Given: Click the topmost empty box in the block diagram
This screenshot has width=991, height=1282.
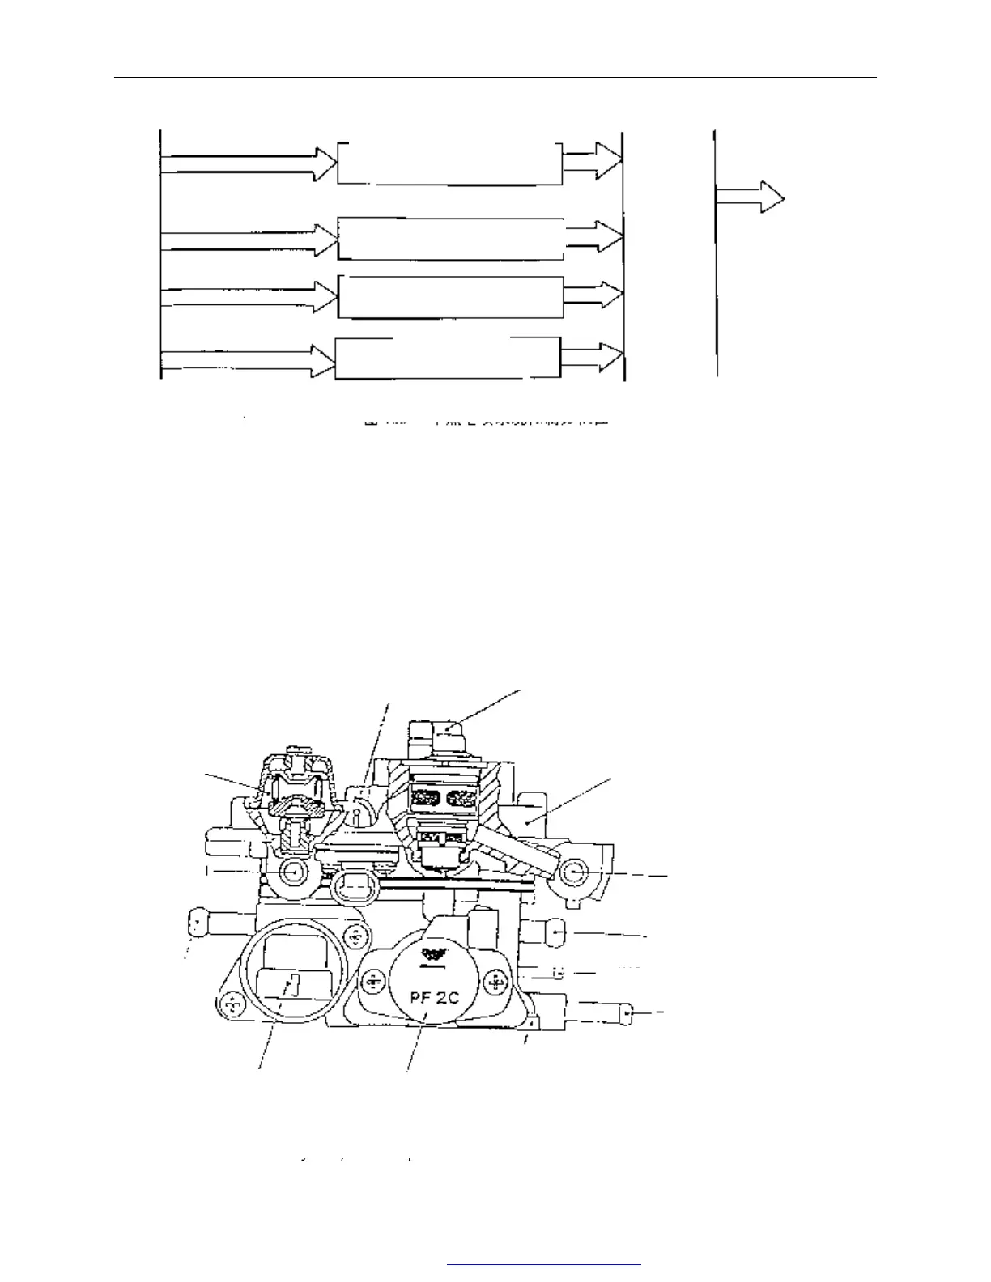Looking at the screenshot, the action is (449, 163).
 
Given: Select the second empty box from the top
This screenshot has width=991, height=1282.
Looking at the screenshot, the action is (450, 239).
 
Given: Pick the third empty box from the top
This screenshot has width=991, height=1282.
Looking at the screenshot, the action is (450, 297).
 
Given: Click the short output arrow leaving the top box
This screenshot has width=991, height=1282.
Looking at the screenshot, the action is (593, 161).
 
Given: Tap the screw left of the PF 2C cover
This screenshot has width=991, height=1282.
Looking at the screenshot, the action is (372, 982).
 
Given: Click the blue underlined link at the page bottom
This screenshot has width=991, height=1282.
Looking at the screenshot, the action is (543, 1263).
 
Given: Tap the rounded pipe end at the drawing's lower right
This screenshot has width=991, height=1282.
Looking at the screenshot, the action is (627, 1014).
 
